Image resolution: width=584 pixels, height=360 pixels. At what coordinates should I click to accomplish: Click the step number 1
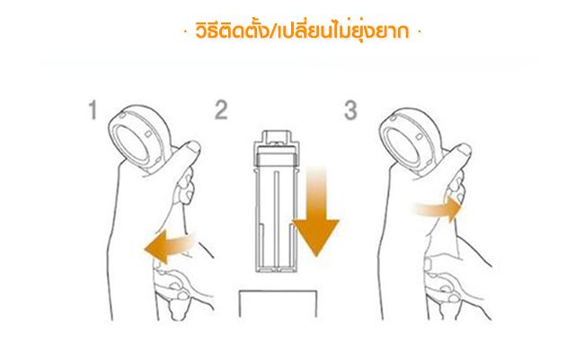93,110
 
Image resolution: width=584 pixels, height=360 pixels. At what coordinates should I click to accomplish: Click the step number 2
221,110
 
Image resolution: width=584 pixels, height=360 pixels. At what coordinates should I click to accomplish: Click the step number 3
350,110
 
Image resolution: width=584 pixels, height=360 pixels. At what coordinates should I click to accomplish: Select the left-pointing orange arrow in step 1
170,246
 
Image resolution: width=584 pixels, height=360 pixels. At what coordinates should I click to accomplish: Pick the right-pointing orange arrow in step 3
438,209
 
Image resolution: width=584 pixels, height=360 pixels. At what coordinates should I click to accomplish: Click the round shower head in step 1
138,137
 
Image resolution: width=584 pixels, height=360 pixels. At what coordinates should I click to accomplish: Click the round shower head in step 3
410,141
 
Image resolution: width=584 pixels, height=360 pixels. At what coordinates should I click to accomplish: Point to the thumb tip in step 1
194,147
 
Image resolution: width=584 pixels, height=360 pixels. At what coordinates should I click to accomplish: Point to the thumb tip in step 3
465,150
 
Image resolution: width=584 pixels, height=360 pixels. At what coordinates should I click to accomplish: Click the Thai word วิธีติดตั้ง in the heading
232,31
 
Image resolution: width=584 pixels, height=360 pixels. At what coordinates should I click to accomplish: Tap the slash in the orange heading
273,31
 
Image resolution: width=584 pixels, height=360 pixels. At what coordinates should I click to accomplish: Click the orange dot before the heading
186,32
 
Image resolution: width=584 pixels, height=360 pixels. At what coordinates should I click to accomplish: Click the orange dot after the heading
420,32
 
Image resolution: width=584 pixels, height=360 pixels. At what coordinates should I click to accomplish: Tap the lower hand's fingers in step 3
445,287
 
